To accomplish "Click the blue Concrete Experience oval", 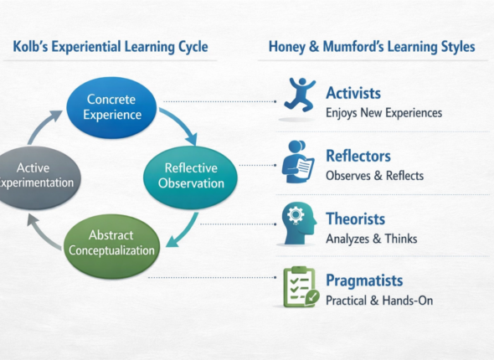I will pyautogui.click(x=112, y=108).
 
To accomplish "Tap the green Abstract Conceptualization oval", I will pyautogui.click(x=111, y=242).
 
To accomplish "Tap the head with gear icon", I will pyautogui.click(x=297, y=223).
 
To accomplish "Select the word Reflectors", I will pyautogui.click(x=358, y=157).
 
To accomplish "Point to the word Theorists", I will pyautogui.click(x=355, y=219).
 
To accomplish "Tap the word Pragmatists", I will pyautogui.click(x=364, y=280).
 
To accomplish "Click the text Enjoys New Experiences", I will pyautogui.click(x=383, y=112).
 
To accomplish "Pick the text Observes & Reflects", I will pyautogui.click(x=374, y=176).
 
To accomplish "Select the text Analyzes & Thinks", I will pyautogui.click(x=371, y=239).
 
